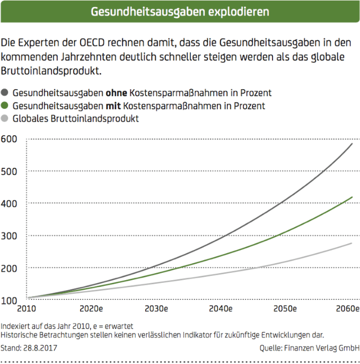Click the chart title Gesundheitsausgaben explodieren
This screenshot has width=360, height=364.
[180, 11]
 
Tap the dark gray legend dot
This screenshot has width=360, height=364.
[6, 93]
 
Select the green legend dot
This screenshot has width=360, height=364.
[6, 106]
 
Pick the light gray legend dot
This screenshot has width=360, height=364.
[6, 118]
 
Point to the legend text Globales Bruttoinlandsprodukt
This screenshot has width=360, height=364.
[76, 118]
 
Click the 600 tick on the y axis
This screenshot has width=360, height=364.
[10, 140]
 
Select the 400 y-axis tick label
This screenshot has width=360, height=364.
[10, 204]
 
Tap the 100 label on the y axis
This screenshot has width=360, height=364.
[10, 300]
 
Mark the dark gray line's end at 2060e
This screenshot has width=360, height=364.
[352, 144]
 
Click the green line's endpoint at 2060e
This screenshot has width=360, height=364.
[352, 197]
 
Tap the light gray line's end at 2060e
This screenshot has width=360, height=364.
[352, 243]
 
